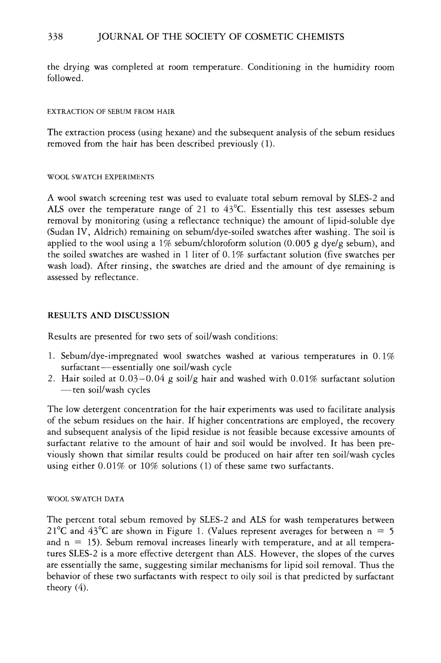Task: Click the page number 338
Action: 55,37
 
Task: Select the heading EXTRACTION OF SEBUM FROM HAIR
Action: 111,112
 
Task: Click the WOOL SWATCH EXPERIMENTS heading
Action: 101,177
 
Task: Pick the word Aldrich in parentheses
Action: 110,232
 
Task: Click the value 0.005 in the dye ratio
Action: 296,244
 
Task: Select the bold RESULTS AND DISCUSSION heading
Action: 108,315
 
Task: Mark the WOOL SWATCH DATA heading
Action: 86,499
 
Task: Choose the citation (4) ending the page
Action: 81,587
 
